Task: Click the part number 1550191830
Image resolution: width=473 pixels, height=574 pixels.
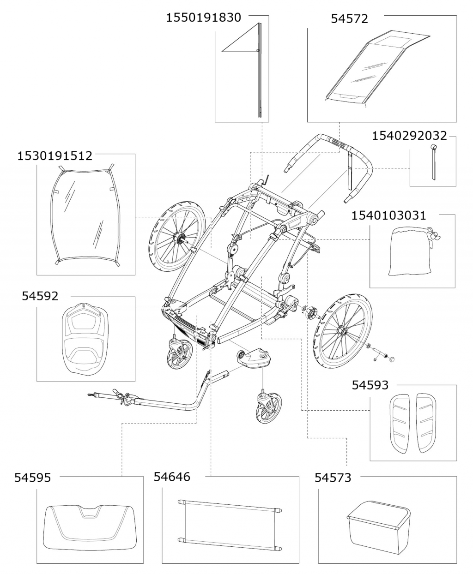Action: tap(203, 18)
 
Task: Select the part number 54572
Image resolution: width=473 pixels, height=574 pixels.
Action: tap(349, 19)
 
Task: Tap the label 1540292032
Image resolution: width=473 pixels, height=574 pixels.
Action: tap(409, 135)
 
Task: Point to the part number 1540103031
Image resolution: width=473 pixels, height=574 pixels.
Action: tap(389, 215)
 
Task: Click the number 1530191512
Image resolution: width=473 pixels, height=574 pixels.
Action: tap(55, 155)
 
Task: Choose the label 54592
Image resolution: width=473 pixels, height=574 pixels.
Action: tap(40, 296)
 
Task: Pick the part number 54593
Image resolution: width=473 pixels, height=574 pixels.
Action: tap(370, 384)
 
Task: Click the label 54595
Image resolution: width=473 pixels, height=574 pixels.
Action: tap(32, 478)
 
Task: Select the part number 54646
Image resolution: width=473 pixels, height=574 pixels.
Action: tap(172, 477)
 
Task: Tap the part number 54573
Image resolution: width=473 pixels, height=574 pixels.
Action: tap(333, 478)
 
